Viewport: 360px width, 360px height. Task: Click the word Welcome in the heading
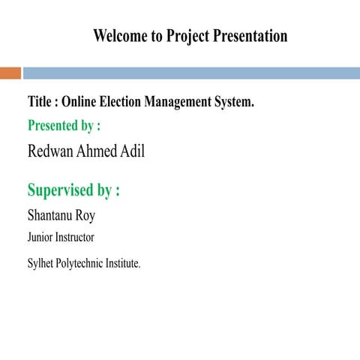[x=120, y=36]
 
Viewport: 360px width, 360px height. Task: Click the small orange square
[x=10, y=73]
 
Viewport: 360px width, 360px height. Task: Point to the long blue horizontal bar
[x=191, y=73]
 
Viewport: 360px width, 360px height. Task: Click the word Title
[x=40, y=102]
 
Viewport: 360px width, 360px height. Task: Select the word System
[x=234, y=102]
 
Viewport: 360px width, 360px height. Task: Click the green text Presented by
[x=64, y=125]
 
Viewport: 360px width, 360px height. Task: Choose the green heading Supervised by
[x=73, y=190]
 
